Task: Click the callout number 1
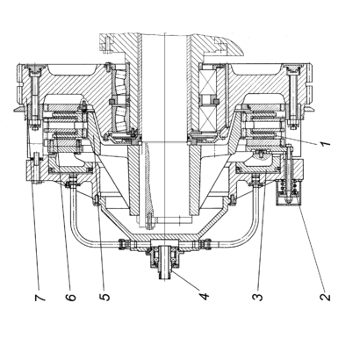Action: tap(325, 143)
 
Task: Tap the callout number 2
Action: tap(325, 297)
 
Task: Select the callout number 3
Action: tap(257, 297)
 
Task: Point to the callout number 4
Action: tap(205, 296)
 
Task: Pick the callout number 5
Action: tap(104, 297)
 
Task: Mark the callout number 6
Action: tap(70, 297)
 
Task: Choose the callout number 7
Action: tap(40, 297)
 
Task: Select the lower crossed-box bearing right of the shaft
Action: tap(207, 118)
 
